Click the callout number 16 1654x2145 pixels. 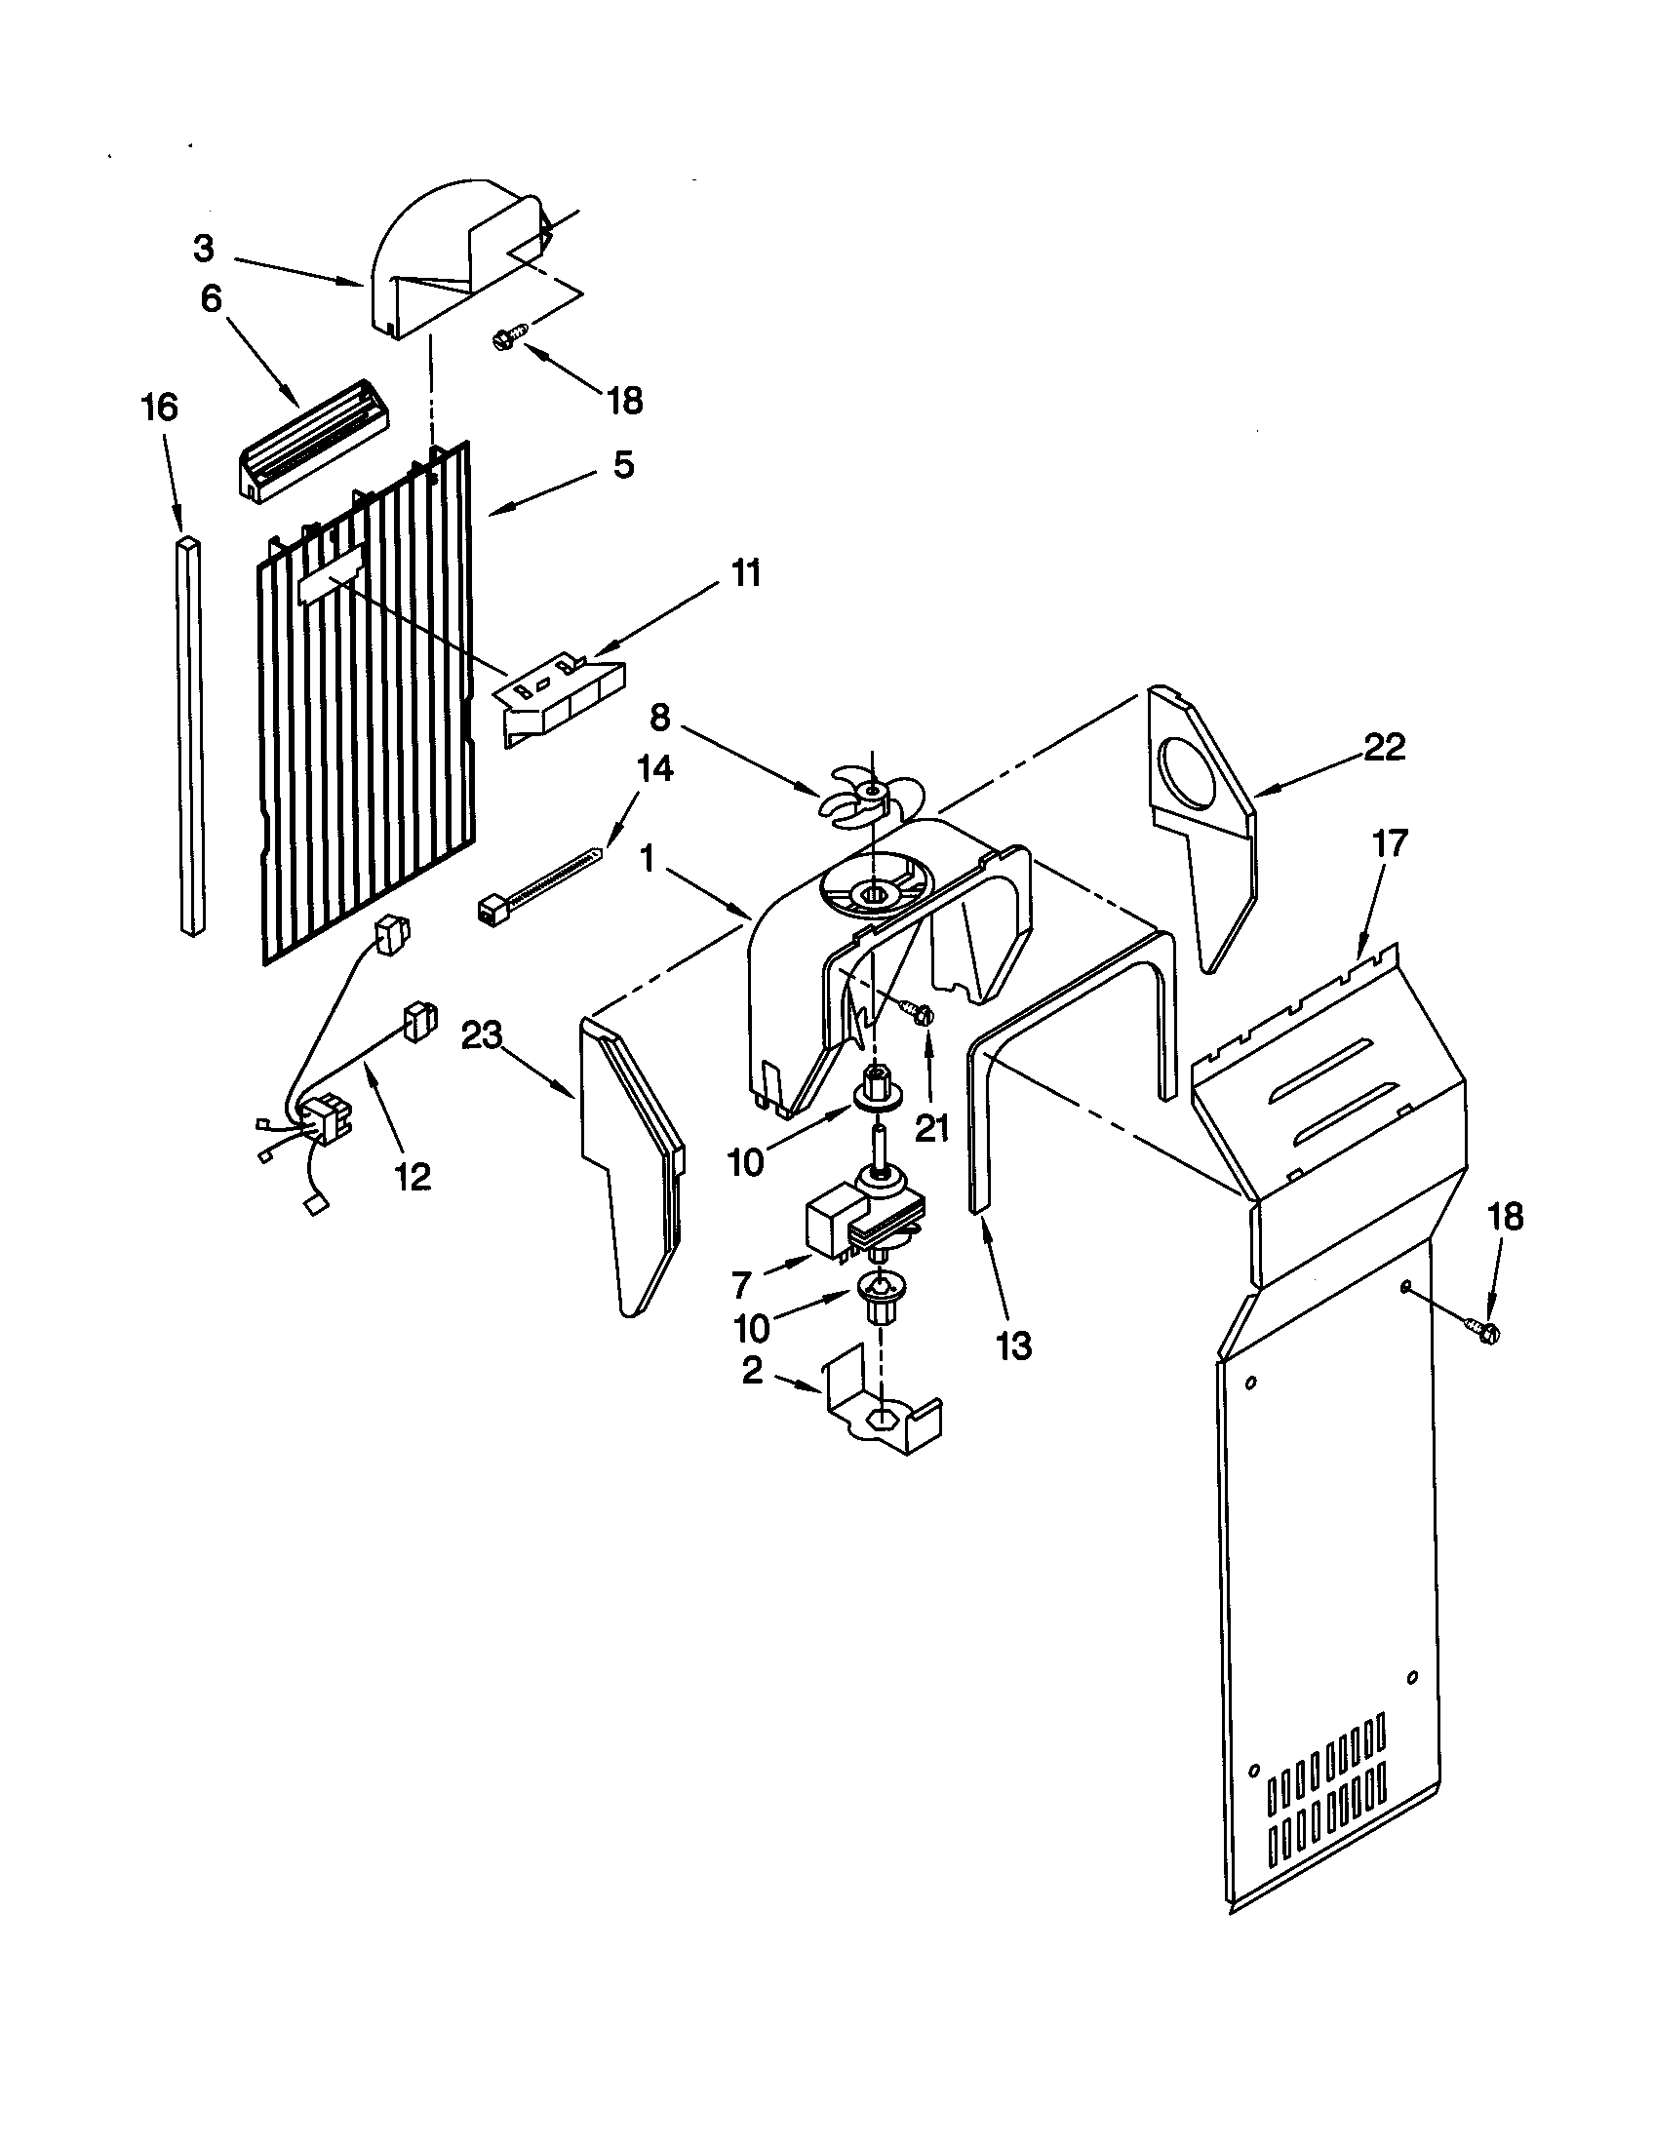[x=160, y=407]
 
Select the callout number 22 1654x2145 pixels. [x=1384, y=747]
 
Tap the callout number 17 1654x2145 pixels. [x=1389, y=842]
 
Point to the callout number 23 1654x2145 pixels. [x=481, y=1035]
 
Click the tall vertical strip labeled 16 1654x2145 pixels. [x=192, y=736]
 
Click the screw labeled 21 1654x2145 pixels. [x=922, y=1013]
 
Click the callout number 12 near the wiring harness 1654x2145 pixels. [x=413, y=1176]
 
